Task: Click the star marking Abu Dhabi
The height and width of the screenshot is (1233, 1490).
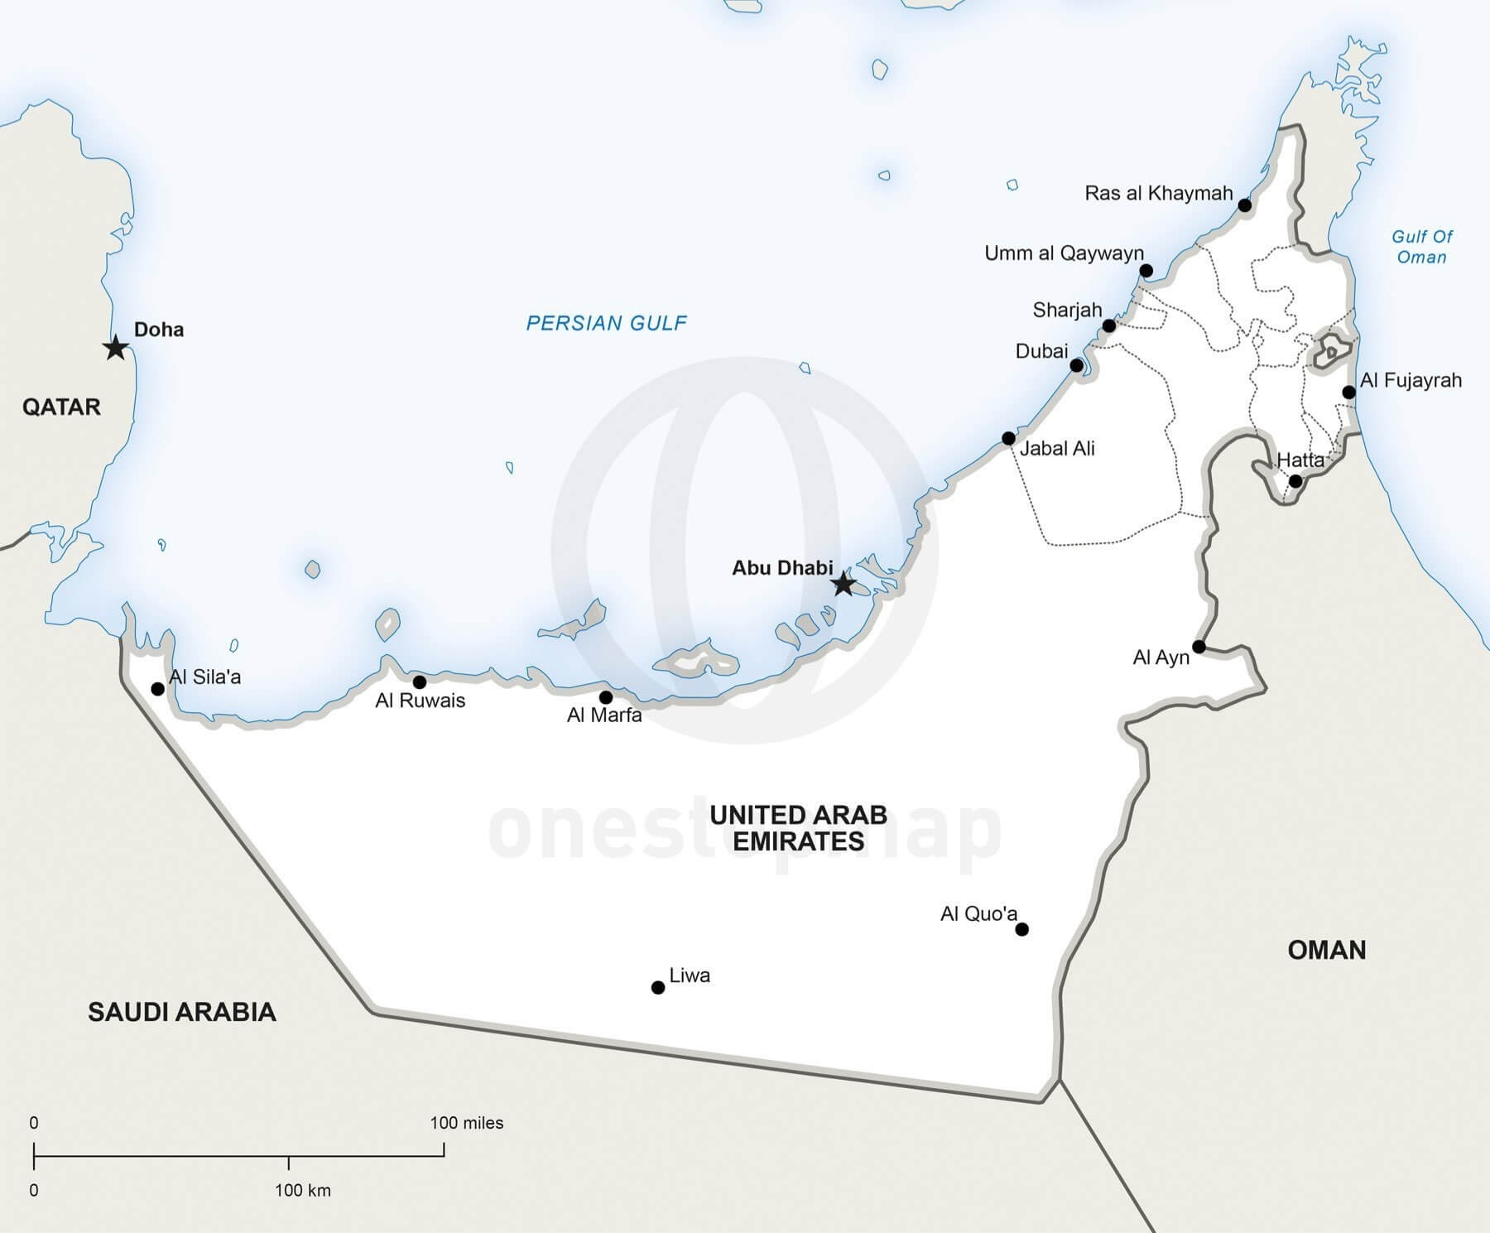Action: pos(843,584)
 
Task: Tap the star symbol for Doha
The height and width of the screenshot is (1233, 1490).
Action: pos(116,348)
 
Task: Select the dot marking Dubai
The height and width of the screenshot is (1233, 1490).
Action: pos(1077,365)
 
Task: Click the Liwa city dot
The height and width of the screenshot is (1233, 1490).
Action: pos(658,987)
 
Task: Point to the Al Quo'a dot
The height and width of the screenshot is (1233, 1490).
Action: pos(1021,929)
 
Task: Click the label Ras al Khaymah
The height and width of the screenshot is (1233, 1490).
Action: pos(1158,194)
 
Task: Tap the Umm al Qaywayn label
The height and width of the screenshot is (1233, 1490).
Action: pos(1064,253)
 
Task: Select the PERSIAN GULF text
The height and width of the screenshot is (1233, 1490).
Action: pos(606,323)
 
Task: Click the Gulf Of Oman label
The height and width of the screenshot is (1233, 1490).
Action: pos(1421,247)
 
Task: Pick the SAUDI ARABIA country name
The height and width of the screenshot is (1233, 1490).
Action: pos(182,1012)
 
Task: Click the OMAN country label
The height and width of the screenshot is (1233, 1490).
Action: pos(1326,950)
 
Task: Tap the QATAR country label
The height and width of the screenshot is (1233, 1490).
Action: pos(61,407)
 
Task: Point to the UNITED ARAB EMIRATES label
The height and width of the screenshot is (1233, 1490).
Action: pos(798,828)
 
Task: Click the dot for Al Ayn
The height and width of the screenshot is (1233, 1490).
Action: pos(1199,647)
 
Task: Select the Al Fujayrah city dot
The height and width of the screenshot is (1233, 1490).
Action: pos(1348,393)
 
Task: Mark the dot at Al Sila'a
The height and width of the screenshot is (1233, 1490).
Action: pos(158,689)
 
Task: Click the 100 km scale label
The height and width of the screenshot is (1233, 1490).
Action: pos(302,1191)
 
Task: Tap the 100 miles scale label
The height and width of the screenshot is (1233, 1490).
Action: pos(466,1124)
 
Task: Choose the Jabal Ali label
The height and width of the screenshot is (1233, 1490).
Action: pos(1057,449)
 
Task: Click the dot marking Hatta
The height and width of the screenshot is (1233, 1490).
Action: pos(1295,481)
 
